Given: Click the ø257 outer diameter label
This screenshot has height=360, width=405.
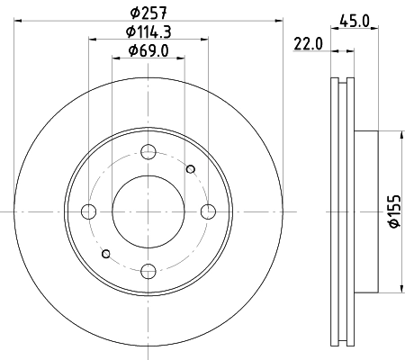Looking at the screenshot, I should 148,13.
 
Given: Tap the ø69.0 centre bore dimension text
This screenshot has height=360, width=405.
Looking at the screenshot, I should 148,49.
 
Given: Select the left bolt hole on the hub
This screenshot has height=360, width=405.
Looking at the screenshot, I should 88,211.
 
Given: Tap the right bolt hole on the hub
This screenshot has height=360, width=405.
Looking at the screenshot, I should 209,211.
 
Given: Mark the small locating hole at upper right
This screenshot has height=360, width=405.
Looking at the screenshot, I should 190,168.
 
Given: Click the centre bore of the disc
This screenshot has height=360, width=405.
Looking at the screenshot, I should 148,211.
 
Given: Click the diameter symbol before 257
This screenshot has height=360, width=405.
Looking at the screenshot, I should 132,13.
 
